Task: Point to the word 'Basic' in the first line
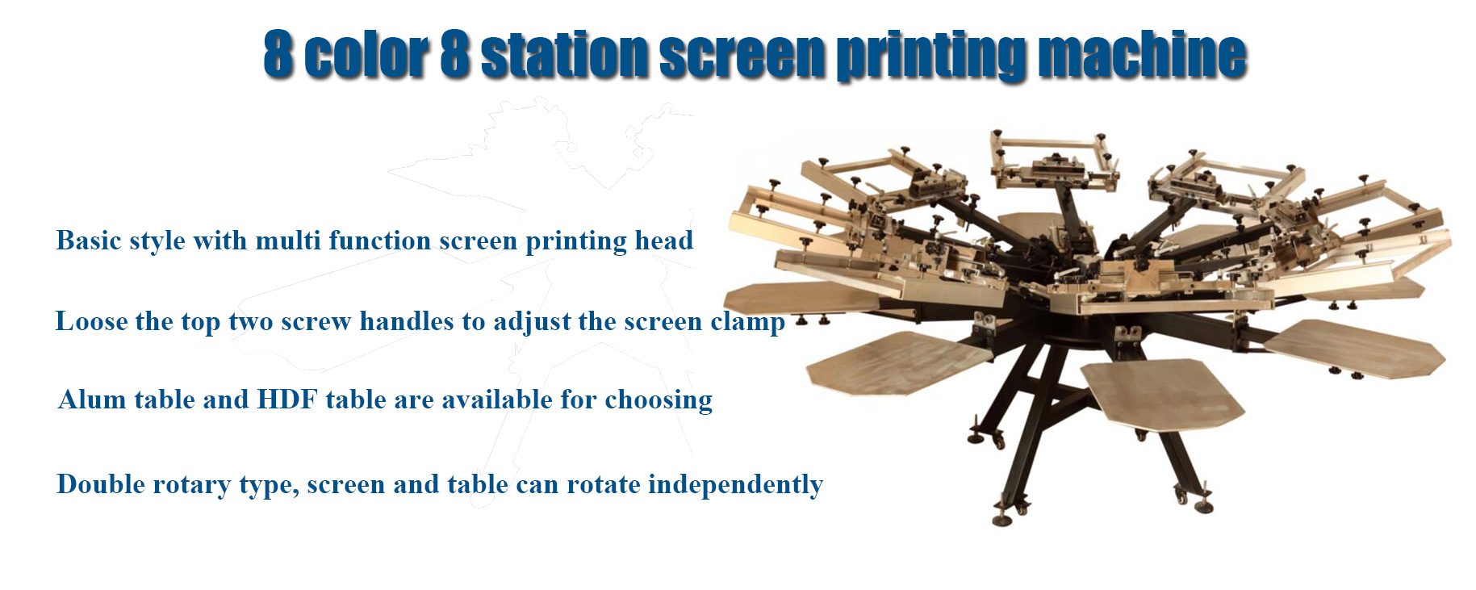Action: coord(89,241)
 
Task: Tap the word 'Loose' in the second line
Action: coord(91,321)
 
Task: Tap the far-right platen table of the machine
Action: coord(1354,348)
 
